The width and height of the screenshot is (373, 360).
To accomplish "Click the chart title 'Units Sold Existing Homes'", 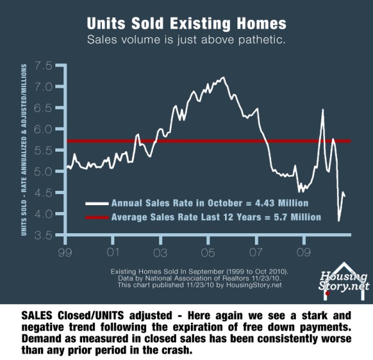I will (186, 24).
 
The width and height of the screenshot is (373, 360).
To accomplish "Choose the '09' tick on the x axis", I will (303, 254).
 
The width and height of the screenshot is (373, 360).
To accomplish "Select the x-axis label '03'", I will (160, 254).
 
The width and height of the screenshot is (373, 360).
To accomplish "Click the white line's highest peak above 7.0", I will (223, 78).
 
